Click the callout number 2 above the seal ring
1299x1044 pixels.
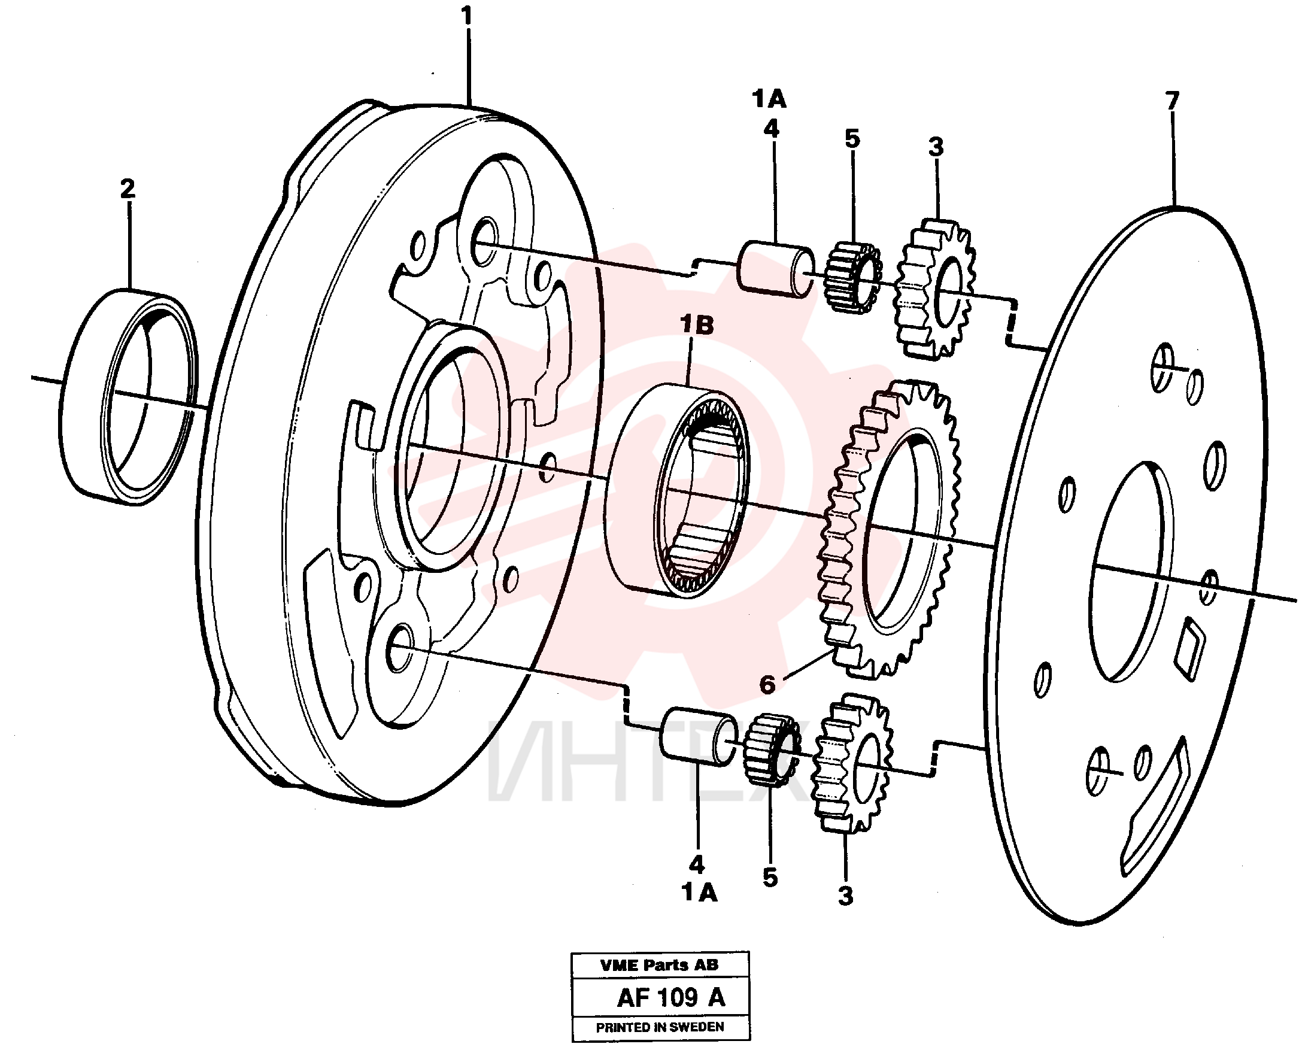127,189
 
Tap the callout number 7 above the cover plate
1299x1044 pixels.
1171,101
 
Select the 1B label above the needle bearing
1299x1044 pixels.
697,325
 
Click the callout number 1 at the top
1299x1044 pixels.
467,16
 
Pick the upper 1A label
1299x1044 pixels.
769,99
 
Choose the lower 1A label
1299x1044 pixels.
700,893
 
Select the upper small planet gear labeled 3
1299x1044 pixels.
934,289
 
